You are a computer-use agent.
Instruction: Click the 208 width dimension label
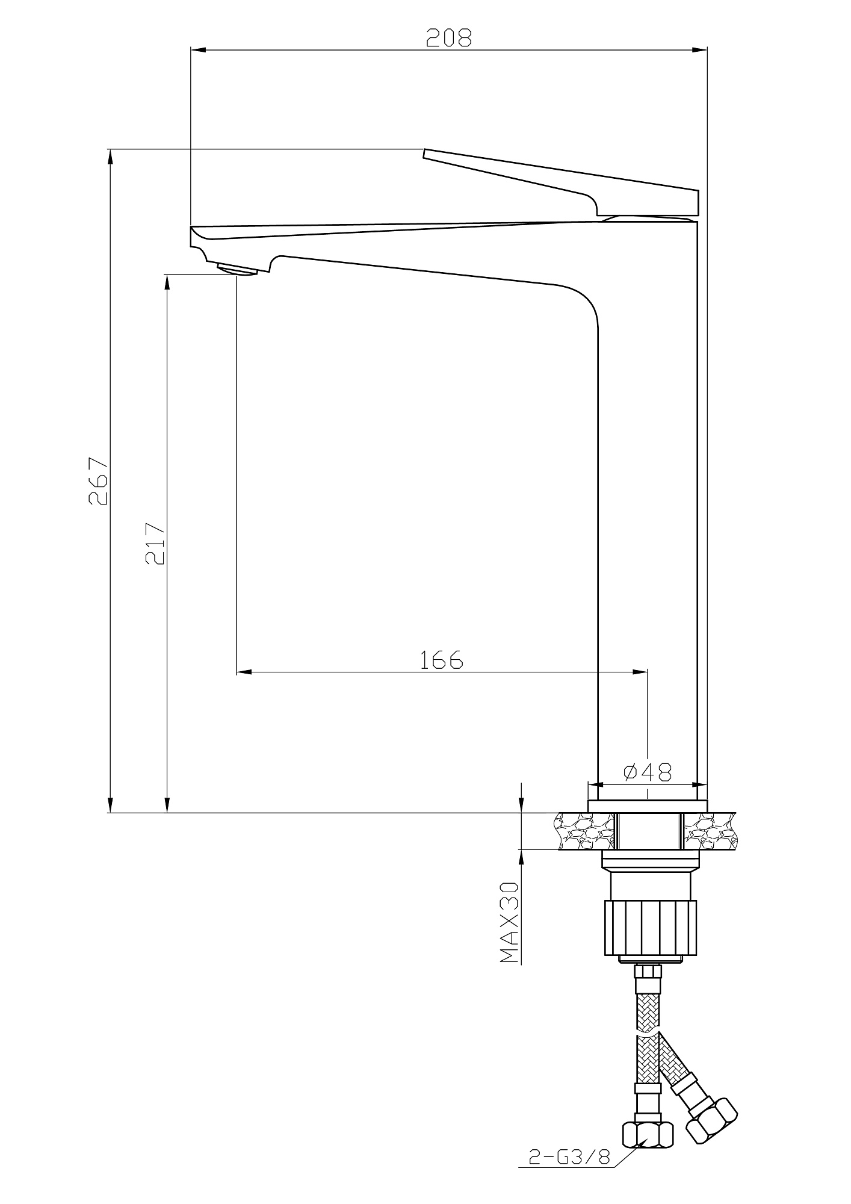450,37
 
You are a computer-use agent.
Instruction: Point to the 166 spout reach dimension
442,660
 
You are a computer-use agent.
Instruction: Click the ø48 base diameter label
648,772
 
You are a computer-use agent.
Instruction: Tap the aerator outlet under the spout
237,268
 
